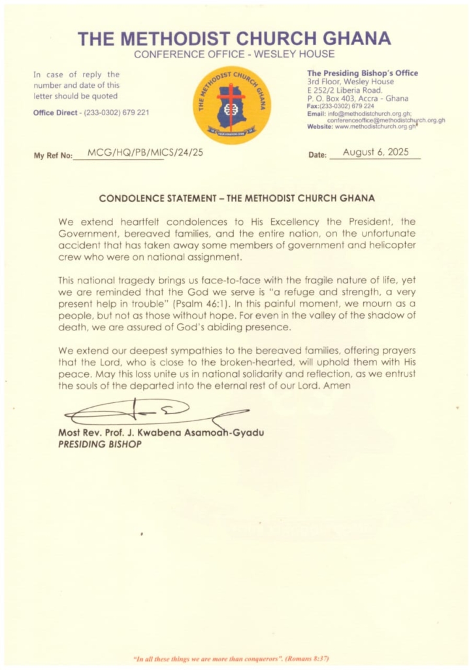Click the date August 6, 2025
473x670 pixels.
[x=375, y=152]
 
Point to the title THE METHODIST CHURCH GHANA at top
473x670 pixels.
[x=235, y=39]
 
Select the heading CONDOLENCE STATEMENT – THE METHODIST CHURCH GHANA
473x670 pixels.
[x=236, y=198]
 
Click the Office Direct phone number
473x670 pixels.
[x=115, y=113]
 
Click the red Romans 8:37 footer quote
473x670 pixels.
[x=236, y=657]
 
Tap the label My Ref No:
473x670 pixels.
[x=53, y=156]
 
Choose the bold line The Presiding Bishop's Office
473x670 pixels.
[x=363, y=73]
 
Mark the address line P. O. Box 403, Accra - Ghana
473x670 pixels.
[x=357, y=99]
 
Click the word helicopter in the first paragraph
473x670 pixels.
[x=388, y=246]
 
